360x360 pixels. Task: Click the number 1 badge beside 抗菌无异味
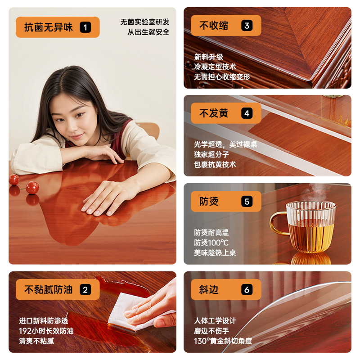[x=85, y=27]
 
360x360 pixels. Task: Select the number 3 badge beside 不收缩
[x=247, y=26]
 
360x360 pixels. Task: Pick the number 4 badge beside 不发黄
[x=247, y=113]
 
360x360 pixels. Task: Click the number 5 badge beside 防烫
[x=247, y=201]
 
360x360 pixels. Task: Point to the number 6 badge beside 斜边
[x=247, y=289]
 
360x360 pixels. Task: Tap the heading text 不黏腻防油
[x=49, y=290]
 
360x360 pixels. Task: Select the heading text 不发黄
[x=214, y=113]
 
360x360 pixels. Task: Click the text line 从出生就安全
[x=148, y=32]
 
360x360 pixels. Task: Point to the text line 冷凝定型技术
[x=215, y=67]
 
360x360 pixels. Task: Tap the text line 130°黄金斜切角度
[x=223, y=341]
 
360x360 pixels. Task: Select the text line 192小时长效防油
[x=46, y=331]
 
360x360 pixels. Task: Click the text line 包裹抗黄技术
[x=215, y=164]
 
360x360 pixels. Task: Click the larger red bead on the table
[x=32, y=187]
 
